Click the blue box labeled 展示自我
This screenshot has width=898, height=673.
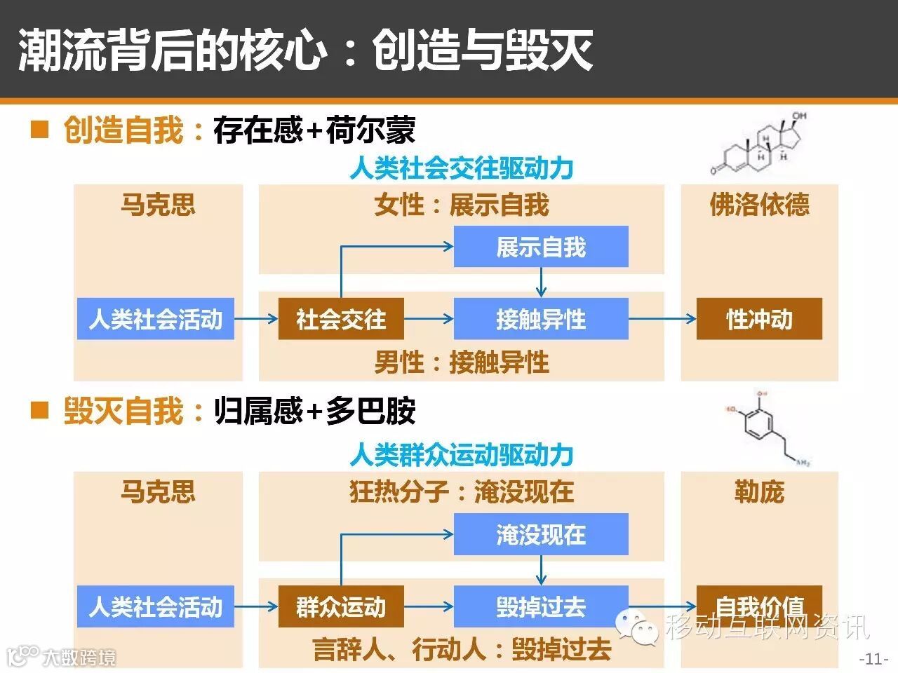[x=540, y=247]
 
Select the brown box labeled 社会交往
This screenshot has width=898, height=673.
[x=341, y=319]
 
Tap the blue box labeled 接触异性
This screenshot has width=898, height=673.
[x=540, y=319]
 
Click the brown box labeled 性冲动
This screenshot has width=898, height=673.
[x=758, y=319]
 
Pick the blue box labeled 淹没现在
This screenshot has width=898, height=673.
[x=540, y=535]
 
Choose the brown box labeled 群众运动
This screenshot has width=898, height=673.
[x=341, y=606]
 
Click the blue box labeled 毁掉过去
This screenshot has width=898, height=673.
[x=540, y=606]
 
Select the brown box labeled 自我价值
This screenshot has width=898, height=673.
[x=758, y=604]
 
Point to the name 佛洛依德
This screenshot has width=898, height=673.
[x=759, y=205]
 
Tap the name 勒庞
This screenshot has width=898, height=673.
[x=759, y=491]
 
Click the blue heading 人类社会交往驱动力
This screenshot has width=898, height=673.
[x=462, y=168]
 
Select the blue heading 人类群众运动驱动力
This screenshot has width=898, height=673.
[x=462, y=455]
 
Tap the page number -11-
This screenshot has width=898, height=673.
[x=874, y=659]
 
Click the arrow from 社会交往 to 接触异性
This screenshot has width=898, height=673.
[x=429, y=319]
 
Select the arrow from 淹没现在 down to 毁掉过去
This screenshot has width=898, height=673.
[x=540, y=570]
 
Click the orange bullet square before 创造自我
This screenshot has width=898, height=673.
[x=40, y=129]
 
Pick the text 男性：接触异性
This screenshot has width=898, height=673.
[x=462, y=362]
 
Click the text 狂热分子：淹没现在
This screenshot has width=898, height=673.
[x=462, y=491]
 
